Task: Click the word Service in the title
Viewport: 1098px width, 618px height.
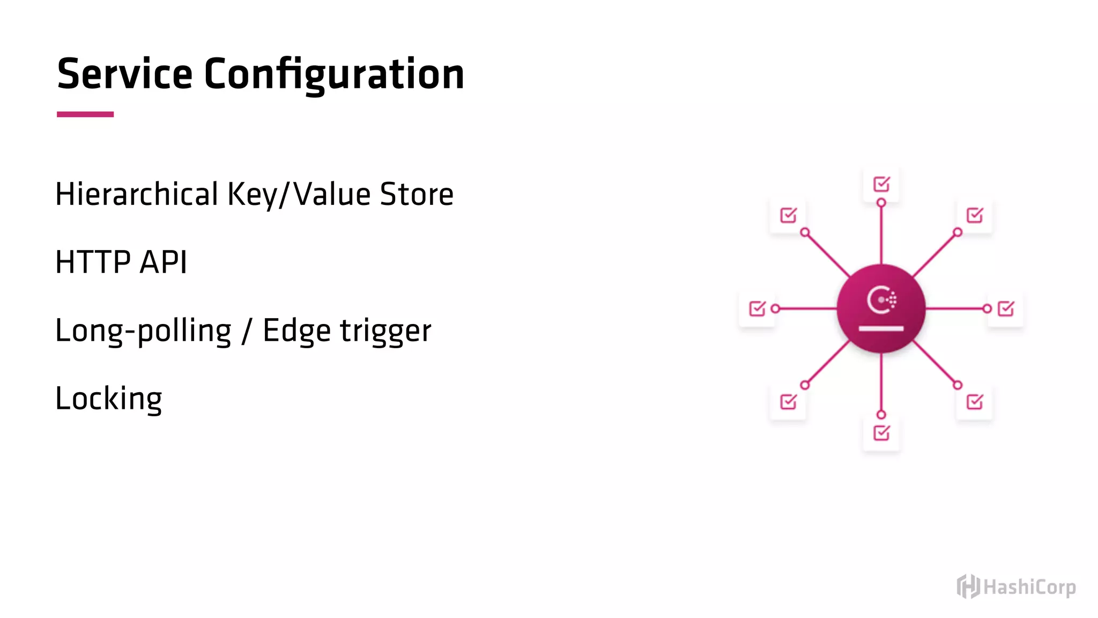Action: click(x=124, y=74)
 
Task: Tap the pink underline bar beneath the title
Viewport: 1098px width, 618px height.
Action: click(x=85, y=114)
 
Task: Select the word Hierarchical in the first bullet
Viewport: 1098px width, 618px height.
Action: click(x=137, y=194)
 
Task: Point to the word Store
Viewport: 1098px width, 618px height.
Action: click(x=417, y=194)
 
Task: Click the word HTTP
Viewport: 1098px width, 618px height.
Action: click(x=92, y=262)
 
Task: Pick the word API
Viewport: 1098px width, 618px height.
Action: click(x=163, y=262)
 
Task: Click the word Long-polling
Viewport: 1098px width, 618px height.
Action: click(x=143, y=331)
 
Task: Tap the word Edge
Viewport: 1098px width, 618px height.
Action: click(x=296, y=331)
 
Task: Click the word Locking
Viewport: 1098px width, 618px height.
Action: click(x=109, y=399)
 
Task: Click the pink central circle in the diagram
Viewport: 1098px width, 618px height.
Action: click(x=881, y=308)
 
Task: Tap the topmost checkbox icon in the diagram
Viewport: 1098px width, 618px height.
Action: click(x=881, y=184)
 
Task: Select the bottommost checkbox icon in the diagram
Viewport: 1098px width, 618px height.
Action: click(x=881, y=433)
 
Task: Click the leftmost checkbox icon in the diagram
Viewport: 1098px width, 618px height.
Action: click(x=757, y=308)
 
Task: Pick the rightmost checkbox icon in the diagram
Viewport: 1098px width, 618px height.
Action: click(x=1006, y=308)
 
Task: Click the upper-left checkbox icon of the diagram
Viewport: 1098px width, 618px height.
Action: click(x=788, y=215)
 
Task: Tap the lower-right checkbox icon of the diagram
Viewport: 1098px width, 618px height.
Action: click(x=975, y=402)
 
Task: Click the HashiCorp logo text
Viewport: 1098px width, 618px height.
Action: click(x=1029, y=587)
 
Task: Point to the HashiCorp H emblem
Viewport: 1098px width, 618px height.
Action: click(x=968, y=586)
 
